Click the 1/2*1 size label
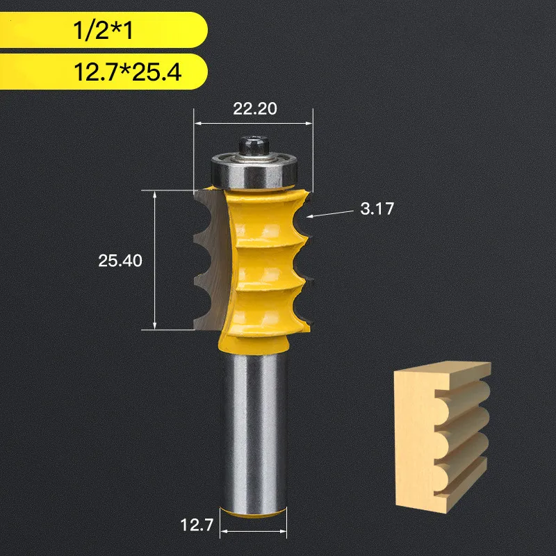pos(100,32)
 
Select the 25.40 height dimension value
pos(120,261)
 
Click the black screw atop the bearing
pos(252,146)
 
